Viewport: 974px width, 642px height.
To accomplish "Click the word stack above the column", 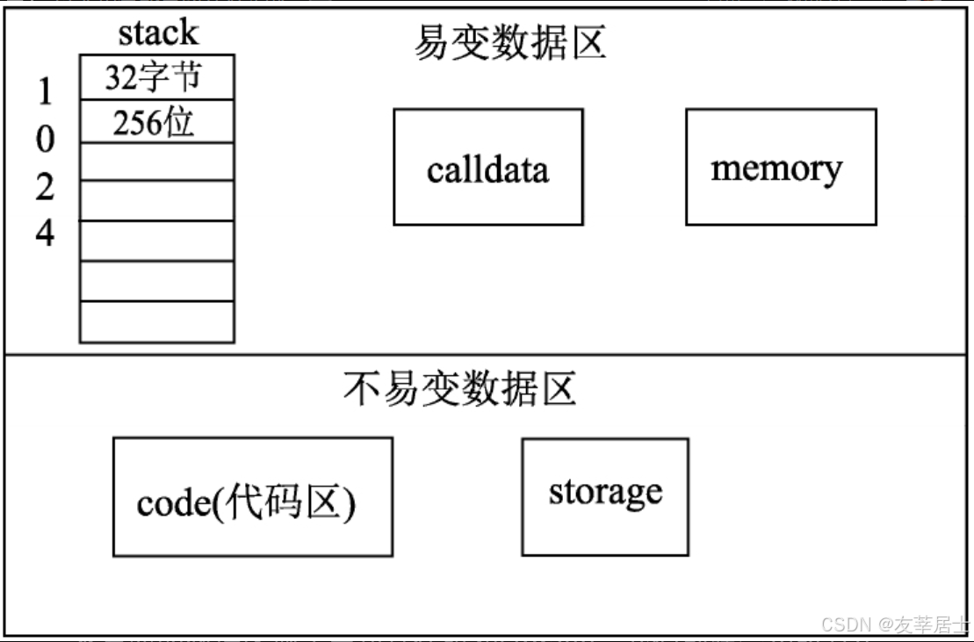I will pos(158,33).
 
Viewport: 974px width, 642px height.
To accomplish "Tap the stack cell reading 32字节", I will pos(156,77).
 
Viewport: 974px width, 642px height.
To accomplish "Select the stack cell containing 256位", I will pos(156,122).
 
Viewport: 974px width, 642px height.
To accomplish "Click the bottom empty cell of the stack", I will pos(156,321).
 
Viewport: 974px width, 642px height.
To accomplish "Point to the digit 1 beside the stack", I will pos(46,91).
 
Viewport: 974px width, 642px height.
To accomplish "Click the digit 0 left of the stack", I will pos(46,139).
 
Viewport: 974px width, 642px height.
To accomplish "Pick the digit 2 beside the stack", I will pos(46,186).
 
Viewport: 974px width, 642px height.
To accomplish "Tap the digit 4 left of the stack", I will pos(46,233).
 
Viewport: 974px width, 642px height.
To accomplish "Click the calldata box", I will pos(487,167).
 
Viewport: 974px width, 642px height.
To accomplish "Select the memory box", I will pos(780,167).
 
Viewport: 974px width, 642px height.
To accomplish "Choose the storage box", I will pos(605,497).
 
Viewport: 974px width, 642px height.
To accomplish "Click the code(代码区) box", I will pos(252,497).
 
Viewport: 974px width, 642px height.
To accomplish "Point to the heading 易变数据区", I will pos(510,42).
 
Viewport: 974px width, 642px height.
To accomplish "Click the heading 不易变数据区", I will pos(460,389).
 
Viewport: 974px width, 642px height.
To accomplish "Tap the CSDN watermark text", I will pos(894,624).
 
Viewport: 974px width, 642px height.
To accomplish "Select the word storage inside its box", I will pos(605,493).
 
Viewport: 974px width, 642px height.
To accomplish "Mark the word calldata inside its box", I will pos(487,170).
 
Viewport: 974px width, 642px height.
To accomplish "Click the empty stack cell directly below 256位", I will pos(156,162).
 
